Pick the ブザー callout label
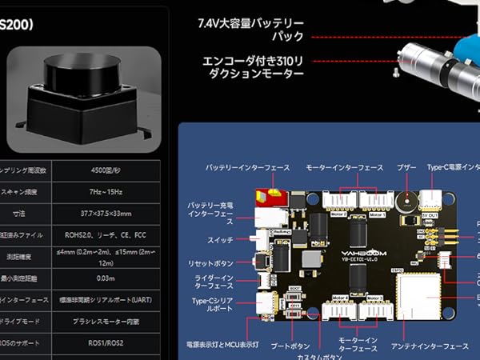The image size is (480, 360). click(x=406, y=167)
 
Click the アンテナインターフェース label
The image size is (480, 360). click(x=430, y=346)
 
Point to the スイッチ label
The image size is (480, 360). click(x=218, y=239)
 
